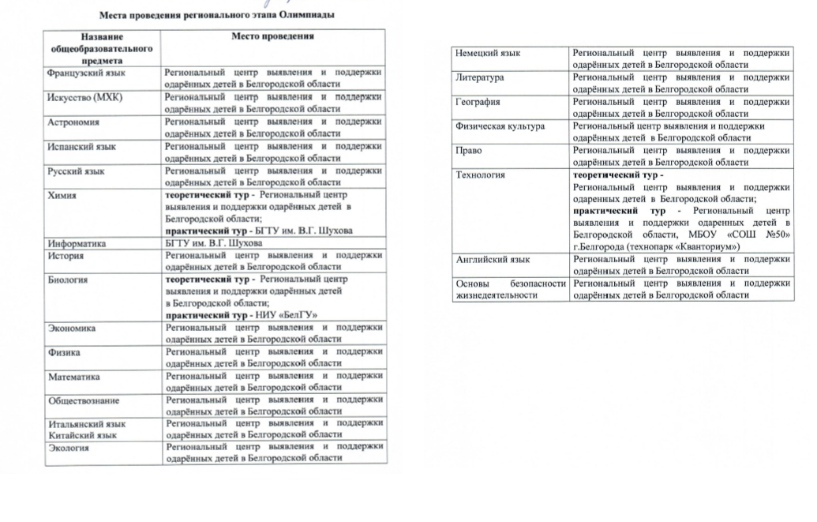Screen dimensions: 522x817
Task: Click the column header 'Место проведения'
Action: point(272,36)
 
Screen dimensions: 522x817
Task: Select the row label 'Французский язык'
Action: point(87,73)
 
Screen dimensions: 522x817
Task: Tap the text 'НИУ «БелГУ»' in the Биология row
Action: point(284,315)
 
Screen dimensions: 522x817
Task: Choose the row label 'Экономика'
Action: point(72,328)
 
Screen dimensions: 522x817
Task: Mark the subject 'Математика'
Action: point(74,377)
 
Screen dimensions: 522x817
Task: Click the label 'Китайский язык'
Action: point(82,435)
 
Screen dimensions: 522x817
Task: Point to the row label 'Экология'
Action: point(69,448)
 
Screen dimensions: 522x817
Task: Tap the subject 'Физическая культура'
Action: point(500,126)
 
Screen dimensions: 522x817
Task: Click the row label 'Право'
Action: point(469,150)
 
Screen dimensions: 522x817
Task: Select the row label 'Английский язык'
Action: point(493,259)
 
